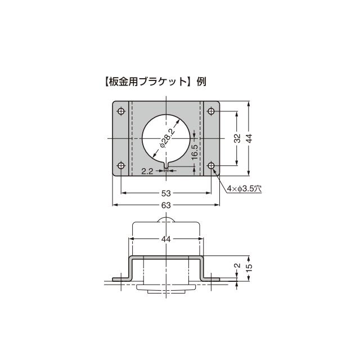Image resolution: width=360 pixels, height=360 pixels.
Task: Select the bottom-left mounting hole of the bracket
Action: (x=121, y=166)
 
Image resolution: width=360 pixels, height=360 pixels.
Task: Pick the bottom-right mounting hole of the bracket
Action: (x=211, y=166)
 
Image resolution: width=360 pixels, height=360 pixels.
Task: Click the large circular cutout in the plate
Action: (x=166, y=138)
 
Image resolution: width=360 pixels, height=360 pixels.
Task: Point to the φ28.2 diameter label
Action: (x=166, y=138)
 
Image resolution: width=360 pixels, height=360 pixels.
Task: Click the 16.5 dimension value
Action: (x=193, y=152)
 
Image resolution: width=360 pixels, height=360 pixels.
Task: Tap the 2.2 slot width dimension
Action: (x=147, y=171)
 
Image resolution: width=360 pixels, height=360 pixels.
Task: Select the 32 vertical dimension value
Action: (x=237, y=138)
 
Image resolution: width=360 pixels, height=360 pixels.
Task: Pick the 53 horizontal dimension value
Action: (x=166, y=192)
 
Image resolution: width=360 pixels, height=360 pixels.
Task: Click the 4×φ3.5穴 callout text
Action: (x=245, y=189)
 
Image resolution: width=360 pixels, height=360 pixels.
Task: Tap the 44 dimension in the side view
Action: (x=166, y=239)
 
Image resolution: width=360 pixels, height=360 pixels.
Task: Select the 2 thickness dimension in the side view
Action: (x=237, y=266)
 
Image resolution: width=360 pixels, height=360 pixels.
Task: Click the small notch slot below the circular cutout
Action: (x=166, y=164)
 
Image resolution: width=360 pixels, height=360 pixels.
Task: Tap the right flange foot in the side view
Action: (x=211, y=278)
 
